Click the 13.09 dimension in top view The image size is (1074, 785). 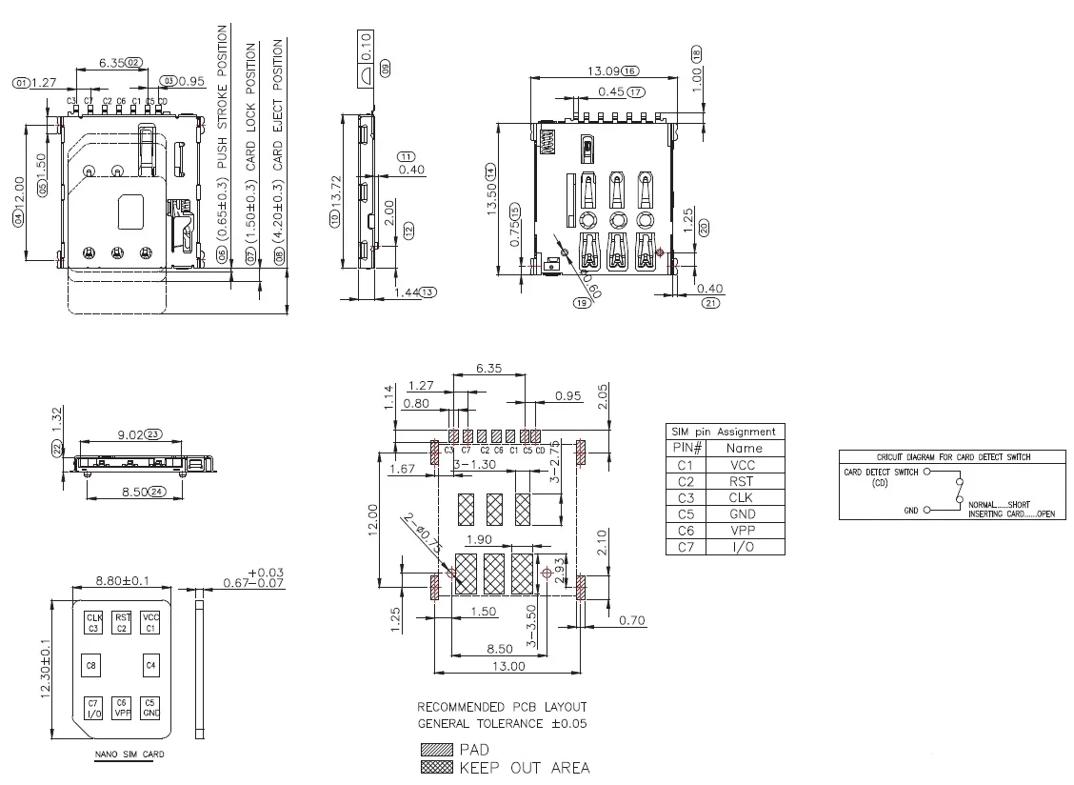(603, 70)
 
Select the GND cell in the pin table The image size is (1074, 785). (744, 513)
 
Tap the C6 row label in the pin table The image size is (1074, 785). (686, 530)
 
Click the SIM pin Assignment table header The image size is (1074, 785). (725, 432)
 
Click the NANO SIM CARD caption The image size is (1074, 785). (129, 755)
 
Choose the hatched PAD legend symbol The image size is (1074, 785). (436, 750)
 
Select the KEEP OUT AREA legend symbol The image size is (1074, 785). (436, 767)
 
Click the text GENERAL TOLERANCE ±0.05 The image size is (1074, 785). (502, 723)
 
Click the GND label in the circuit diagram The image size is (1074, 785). (911, 511)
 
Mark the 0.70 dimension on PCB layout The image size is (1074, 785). (631, 620)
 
